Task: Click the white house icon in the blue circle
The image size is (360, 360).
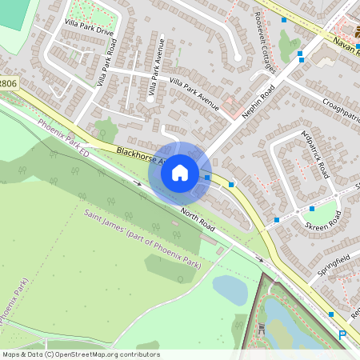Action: (179, 172)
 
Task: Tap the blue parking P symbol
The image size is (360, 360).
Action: (342, 336)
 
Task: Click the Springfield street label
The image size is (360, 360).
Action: (334, 263)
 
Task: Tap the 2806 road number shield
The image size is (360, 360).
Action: (8, 83)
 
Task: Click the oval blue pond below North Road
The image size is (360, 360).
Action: (230, 290)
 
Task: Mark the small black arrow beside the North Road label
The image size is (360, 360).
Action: (258, 259)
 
